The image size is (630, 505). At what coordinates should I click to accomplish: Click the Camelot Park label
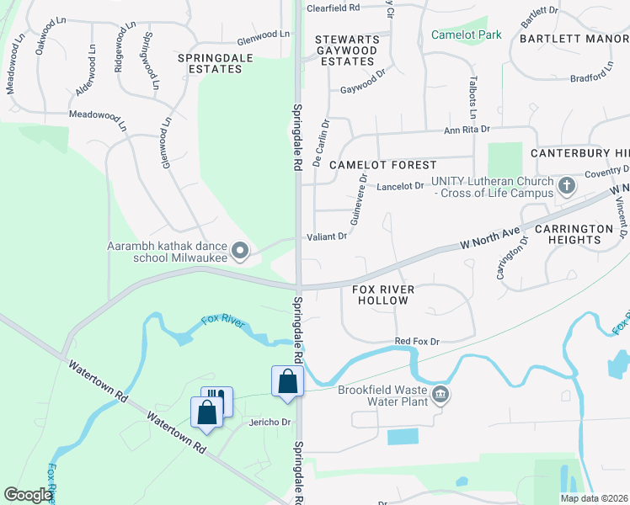(x=466, y=35)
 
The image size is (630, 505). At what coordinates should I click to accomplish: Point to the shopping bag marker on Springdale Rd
(x=287, y=381)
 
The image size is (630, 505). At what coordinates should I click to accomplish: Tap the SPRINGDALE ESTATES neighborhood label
(x=210, y=62)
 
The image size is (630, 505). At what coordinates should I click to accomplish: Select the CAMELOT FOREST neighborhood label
(x=382, y=165)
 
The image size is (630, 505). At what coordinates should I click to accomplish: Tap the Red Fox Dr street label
(x=417, y=342)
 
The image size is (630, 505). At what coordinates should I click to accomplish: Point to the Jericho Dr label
(x=270, y=422)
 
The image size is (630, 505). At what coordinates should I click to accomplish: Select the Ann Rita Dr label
(x=467, y=130)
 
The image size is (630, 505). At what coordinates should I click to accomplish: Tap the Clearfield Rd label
(x=333, y=8)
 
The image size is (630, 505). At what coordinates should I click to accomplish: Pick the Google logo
(x=28, y=495)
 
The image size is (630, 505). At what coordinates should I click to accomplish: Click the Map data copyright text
(x=593, y=498)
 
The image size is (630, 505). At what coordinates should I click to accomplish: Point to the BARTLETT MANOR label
(x=573, y=39)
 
